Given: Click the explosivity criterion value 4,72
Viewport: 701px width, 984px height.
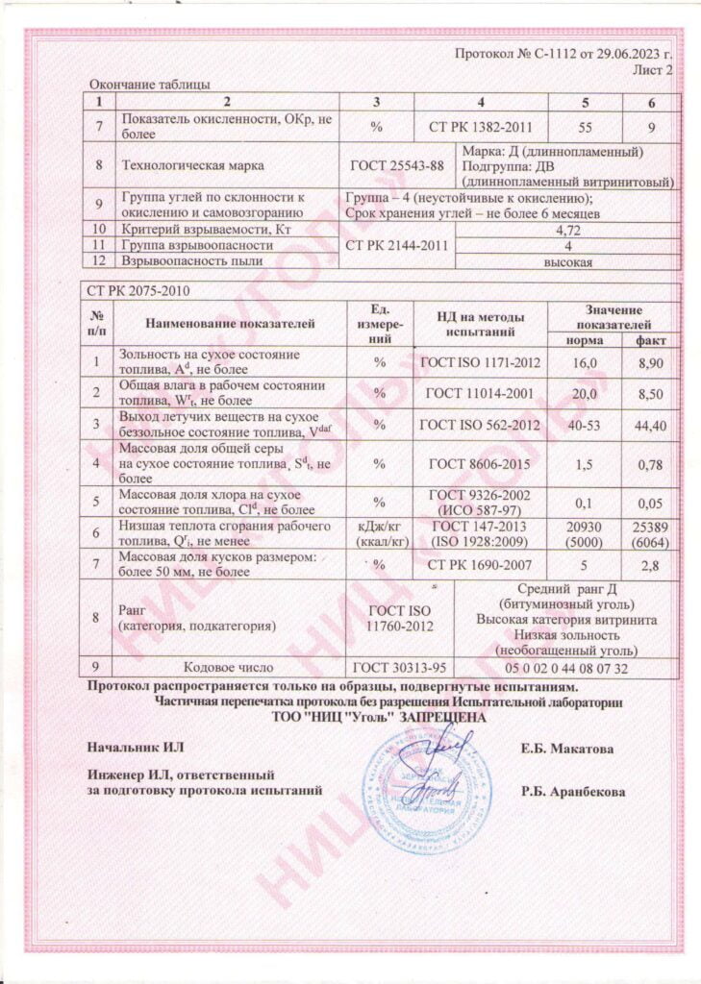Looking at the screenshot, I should point(567,231).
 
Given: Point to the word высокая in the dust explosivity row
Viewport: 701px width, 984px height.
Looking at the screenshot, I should point(567,261).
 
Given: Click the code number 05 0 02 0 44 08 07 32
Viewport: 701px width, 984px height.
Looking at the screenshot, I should point(565,668).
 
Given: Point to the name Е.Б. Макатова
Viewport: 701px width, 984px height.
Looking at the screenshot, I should point(567,748).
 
